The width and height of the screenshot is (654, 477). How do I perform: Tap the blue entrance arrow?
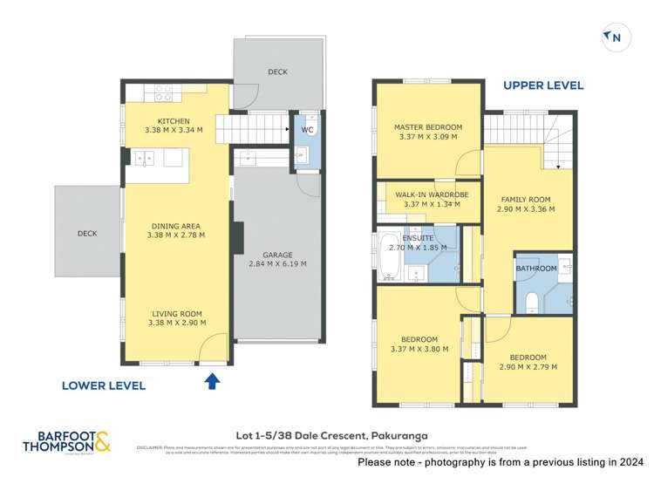tap(209, 380)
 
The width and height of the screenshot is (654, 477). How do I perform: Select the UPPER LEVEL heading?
tap(543, 85)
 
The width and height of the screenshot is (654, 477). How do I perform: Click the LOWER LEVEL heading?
tap(103, 385)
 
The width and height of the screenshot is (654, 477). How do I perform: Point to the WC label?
tap(307, 130)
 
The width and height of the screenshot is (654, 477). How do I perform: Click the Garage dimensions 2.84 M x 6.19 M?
tap(277, 264)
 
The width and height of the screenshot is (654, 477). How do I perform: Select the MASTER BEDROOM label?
tap(427, 127)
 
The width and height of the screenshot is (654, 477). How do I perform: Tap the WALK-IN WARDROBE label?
tap(432, 194)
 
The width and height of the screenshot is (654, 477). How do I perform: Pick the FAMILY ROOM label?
tap(526, 199)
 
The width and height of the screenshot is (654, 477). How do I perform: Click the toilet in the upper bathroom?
tap(532, 302)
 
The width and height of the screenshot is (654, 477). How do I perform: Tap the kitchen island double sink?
tap(146, 159)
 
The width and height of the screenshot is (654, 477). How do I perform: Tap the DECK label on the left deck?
tap(86, 234)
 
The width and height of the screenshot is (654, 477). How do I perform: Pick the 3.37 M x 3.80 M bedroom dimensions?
tap(419, 349)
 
